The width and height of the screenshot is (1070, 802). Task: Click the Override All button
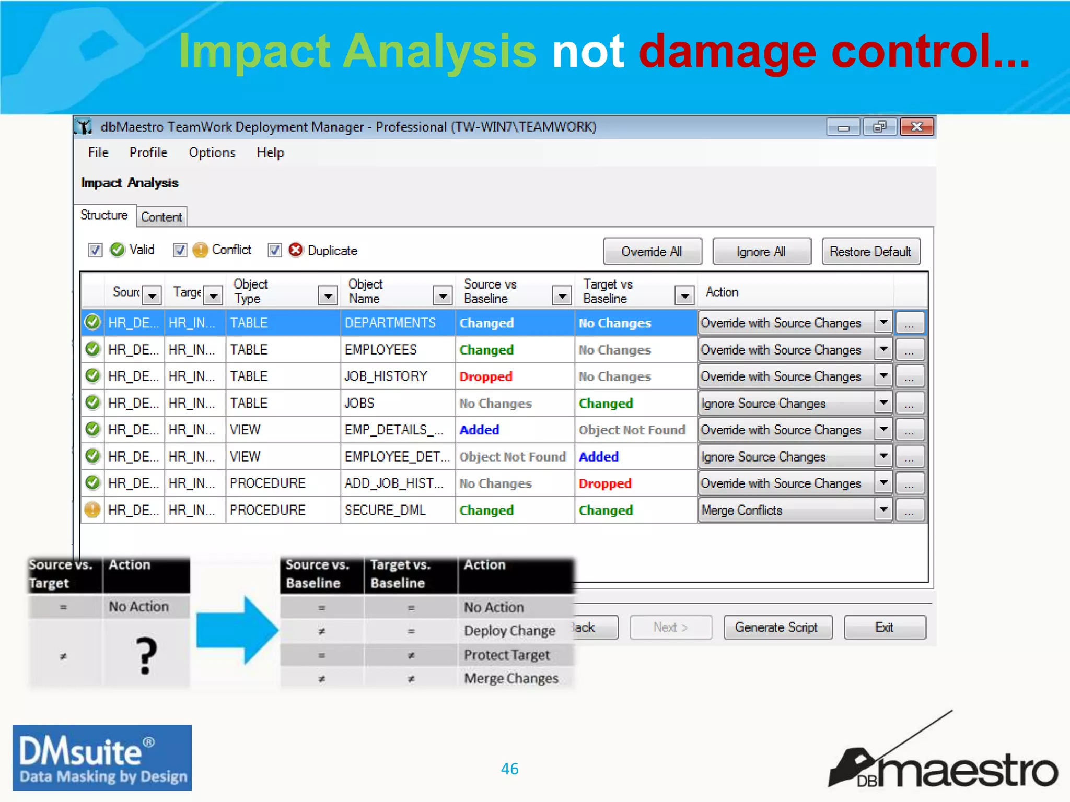652,252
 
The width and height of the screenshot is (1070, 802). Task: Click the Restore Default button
870,252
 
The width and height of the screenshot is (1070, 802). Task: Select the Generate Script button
776,627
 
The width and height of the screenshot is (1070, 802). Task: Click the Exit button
884,627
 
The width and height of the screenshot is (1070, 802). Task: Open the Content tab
161,217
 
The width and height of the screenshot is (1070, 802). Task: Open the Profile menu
148,152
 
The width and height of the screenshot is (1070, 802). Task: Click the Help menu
270,152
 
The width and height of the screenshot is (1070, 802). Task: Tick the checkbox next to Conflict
180,250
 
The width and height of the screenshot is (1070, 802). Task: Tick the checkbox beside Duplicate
275,250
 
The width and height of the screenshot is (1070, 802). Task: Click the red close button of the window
917,127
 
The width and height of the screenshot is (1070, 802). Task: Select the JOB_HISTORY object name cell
386,376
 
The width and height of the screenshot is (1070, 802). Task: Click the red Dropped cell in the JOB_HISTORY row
486,376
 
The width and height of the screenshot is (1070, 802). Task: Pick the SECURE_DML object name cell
385,510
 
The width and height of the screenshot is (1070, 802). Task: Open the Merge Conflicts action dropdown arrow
883,510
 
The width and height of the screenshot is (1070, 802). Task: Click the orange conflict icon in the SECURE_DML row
92,510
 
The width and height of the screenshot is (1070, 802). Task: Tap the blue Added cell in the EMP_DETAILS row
480,430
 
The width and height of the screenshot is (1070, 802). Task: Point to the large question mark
146,656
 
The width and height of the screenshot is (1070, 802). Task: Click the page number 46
509,769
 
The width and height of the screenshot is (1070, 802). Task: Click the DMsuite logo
102,757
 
